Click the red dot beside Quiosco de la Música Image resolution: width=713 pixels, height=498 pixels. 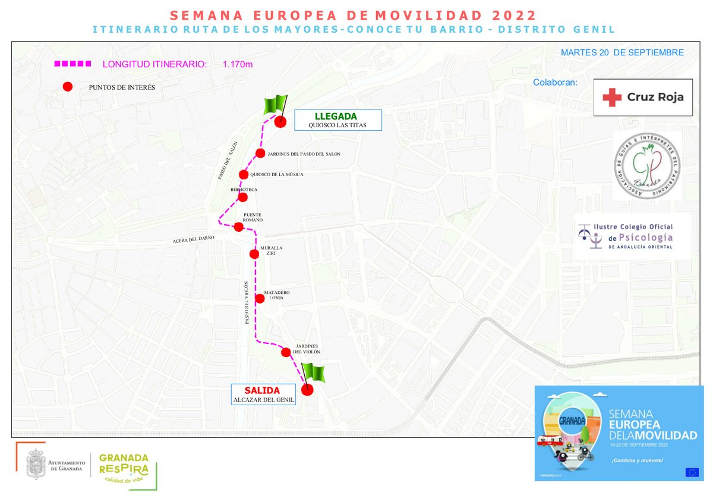coord(243,174)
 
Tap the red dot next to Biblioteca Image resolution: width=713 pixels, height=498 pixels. coord(242,197)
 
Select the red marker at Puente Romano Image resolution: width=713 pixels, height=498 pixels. coord(238,227)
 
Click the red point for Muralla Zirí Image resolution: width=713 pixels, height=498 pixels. coord(254,254)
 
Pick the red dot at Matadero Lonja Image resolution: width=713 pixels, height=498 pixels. coord(260,299)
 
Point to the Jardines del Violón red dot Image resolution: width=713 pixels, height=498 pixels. coord(286,353)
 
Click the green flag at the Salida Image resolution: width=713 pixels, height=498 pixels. coord(314,373)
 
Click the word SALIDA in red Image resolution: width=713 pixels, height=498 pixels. coord(262,390)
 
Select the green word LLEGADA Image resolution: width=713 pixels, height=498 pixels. coord(336,116)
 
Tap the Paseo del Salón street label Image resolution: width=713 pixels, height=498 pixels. coord(227,160)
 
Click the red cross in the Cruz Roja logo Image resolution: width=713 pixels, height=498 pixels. coord(611,97)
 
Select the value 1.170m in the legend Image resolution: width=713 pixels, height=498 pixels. coord(238,64)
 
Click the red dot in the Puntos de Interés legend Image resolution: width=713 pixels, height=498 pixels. coord(68,87)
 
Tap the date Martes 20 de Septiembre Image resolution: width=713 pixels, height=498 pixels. coord(622,53)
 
